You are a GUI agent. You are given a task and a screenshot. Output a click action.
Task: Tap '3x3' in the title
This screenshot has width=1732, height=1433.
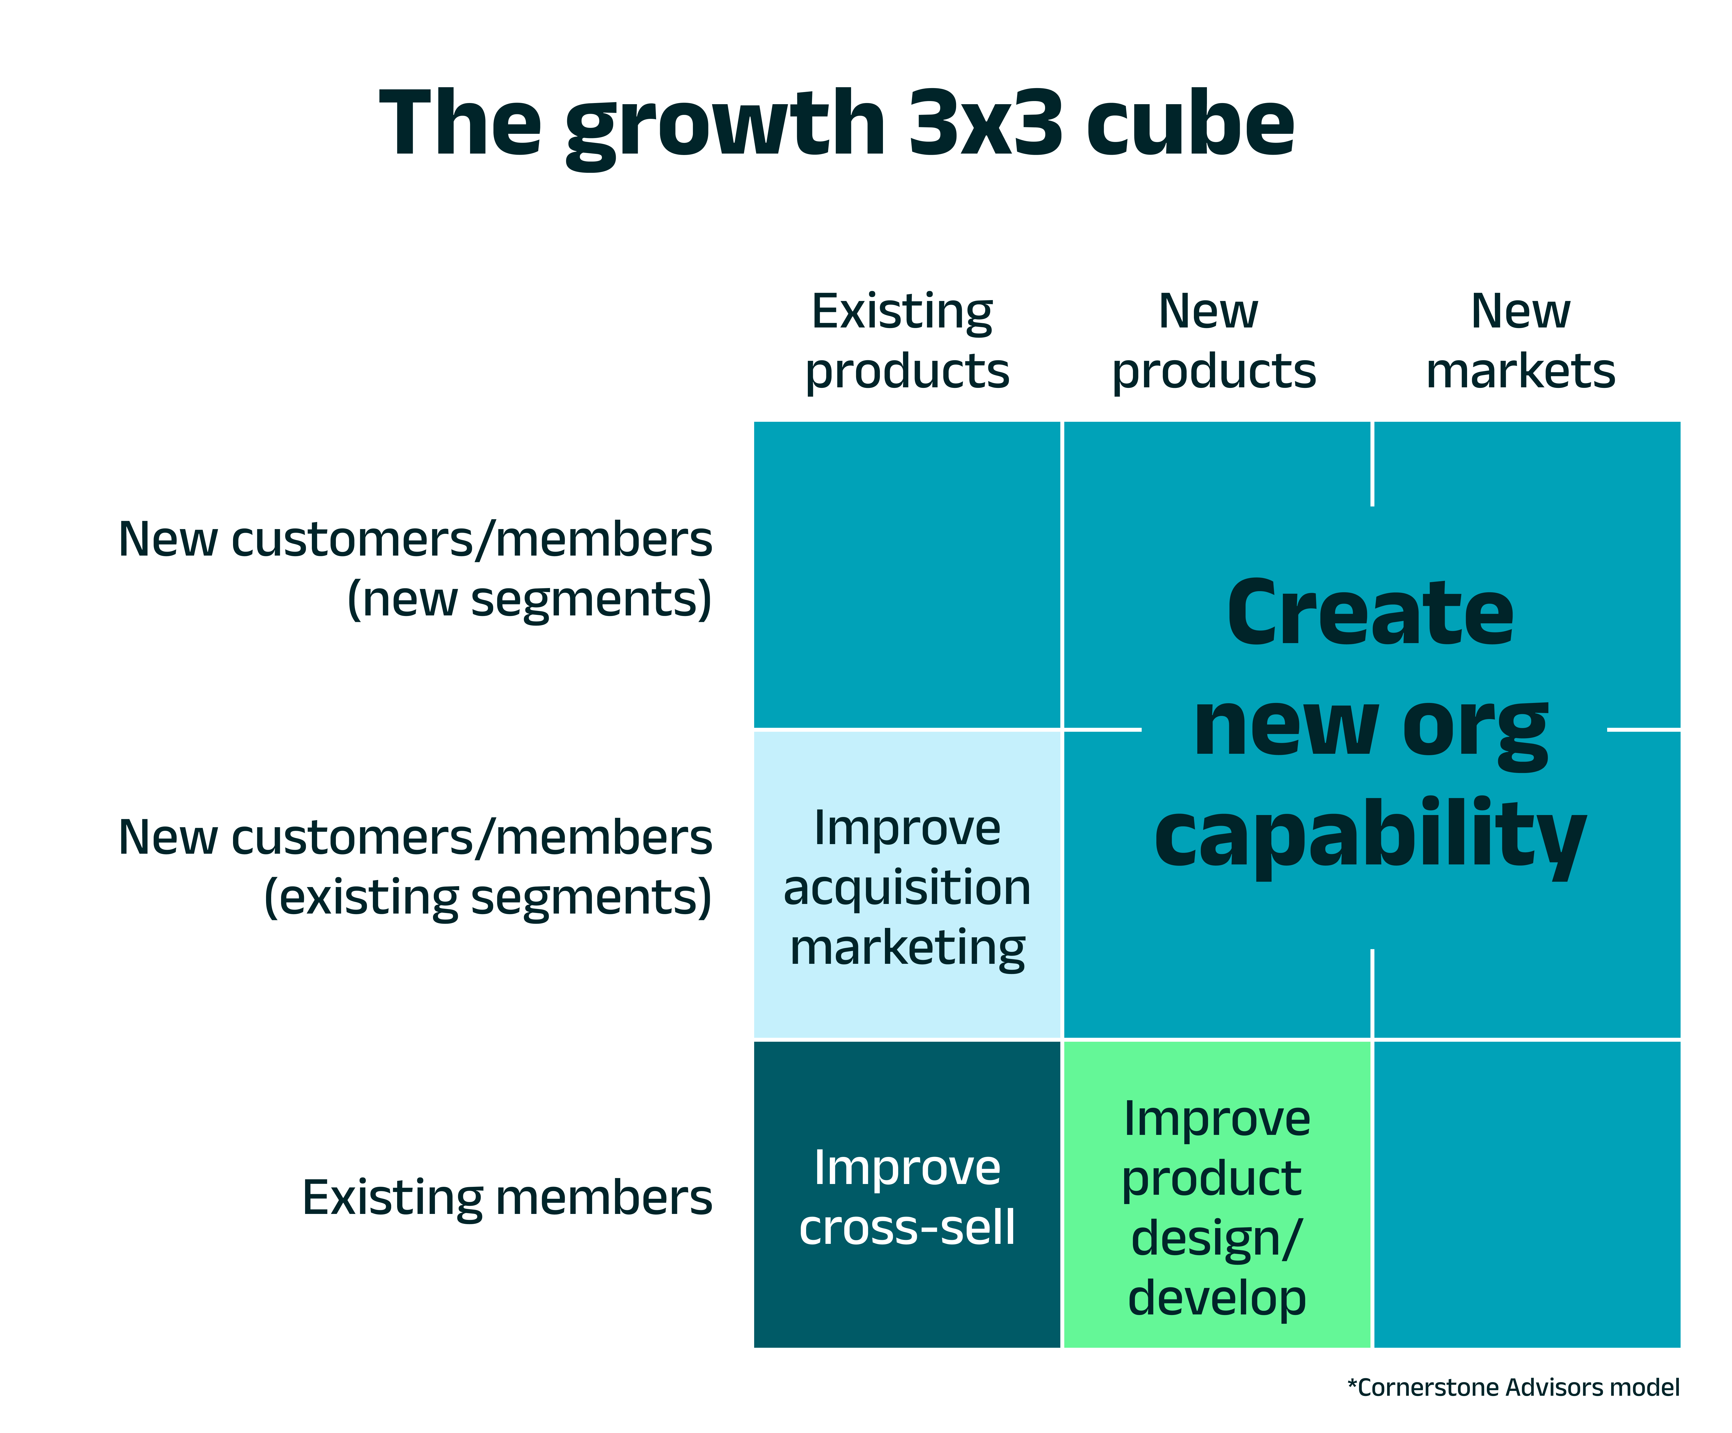(x=985, y=124)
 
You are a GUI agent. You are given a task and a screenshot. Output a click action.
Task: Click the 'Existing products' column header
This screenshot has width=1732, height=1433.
(x=907, y=340)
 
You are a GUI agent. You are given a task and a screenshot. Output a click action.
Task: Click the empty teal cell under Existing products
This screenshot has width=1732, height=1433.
(x=907, y=575)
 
